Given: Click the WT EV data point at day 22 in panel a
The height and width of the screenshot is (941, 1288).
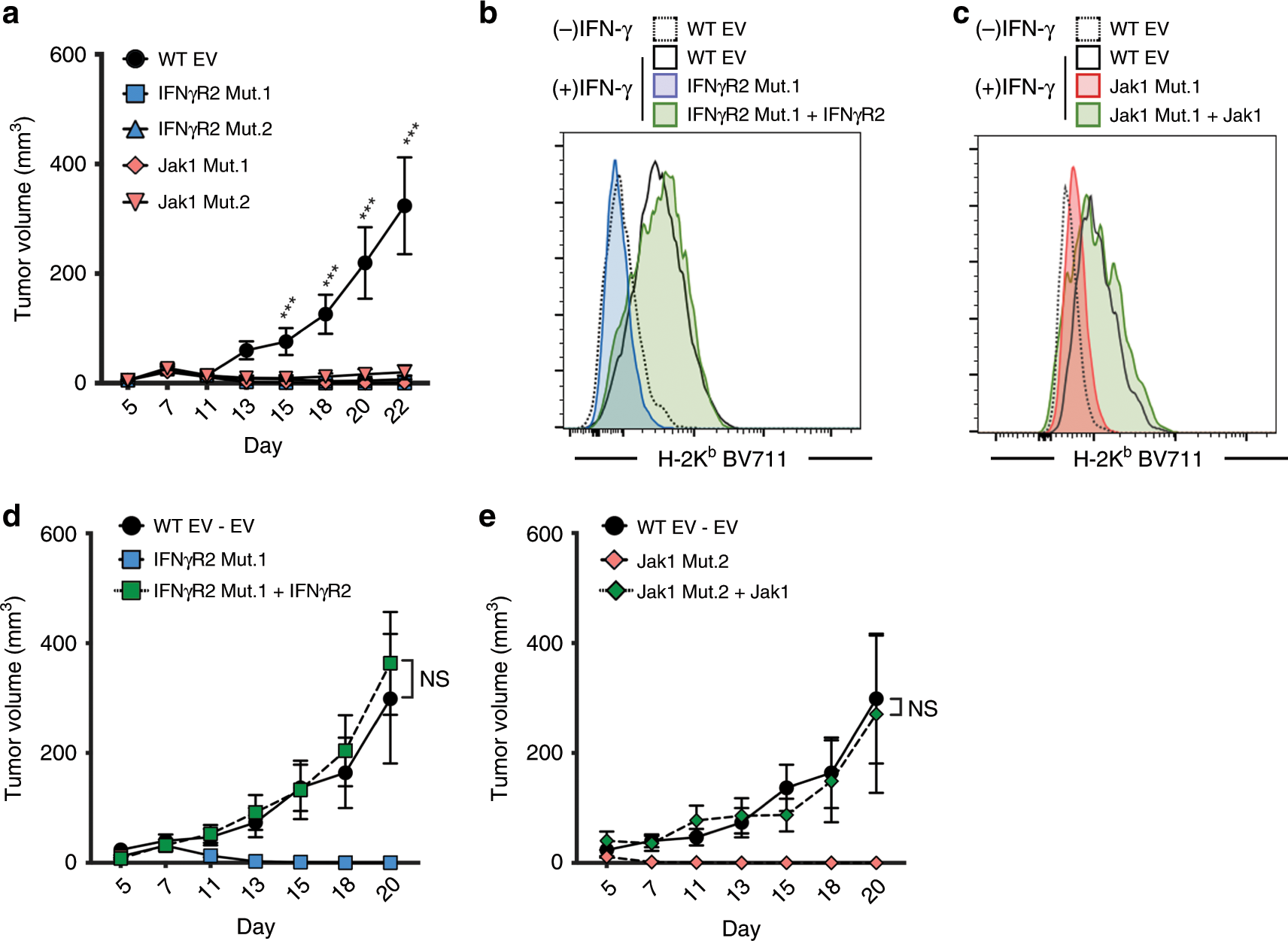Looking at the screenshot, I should (x=404, y=205).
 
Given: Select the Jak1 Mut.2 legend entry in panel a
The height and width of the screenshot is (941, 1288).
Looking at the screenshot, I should (x=203, y=202).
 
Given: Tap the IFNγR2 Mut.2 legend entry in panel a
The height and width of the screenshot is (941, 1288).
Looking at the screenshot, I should (x=214, y=129).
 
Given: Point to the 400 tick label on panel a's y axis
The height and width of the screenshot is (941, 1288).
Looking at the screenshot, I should (x=68, y=164).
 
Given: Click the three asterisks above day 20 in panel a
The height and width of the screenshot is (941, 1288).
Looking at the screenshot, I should (x=368, y=208).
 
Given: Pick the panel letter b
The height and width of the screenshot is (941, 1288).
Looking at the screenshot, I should (x=488, y=14).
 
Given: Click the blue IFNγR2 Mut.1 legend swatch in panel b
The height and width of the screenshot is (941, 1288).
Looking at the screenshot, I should (x=665, y=86).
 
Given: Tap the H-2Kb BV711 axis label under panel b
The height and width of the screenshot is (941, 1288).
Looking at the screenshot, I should (x=721, y=458).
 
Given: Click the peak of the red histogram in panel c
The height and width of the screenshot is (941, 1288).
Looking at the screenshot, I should (x=1073, y=168).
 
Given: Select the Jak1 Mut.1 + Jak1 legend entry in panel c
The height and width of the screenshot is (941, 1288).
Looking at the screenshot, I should (x=1185, y=115).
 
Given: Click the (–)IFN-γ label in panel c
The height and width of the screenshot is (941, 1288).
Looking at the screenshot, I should (x=1015, y=29).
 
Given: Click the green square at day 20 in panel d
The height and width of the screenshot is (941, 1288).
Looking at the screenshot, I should (x=390, y=663).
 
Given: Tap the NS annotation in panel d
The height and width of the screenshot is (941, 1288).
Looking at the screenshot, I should (x=434, y=678).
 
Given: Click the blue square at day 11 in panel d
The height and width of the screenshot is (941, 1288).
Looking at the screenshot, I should (x=211, y=855).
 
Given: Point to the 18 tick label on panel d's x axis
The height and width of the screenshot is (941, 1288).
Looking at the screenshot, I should (x=344, y=887).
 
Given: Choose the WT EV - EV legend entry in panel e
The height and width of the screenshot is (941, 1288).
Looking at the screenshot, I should (x=687, y=527).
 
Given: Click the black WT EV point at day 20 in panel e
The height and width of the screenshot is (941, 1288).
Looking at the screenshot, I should (x=876, y=699).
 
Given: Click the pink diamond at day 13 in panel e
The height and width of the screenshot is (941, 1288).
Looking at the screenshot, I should (x=742, y=862).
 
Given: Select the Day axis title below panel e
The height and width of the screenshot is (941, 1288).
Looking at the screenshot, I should (x=741, y=928).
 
